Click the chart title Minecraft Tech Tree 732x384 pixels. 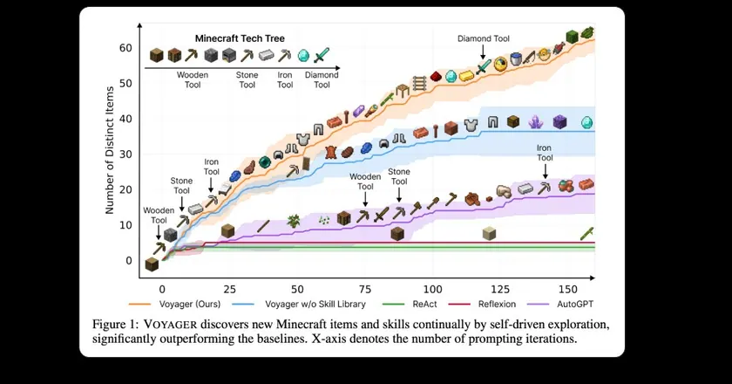tap(240, 38)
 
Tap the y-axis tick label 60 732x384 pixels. tap(125, 48)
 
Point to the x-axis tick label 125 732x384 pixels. tap(500, 290)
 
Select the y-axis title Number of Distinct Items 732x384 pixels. tap(110, 150)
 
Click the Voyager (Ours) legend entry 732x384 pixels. tap(174, 304)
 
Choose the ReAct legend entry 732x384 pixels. tap(410, 304)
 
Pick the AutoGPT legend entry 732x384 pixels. tap(560, 304)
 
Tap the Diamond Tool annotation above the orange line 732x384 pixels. tap(483, 38)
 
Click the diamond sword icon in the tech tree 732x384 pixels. tap(322, 55)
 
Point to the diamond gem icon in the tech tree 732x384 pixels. tap(303, 56)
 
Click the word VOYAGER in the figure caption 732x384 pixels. tap(170, 324)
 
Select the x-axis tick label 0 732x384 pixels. tap(162, 290)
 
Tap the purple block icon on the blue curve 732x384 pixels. tap(559, 122)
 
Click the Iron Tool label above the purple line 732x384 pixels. tap(545, 153)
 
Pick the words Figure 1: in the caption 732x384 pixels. tap(115, 324)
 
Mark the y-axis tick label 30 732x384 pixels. tap(125, 154)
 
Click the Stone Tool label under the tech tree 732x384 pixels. tap(247, 80)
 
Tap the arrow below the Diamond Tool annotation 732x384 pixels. tap(483, 52)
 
